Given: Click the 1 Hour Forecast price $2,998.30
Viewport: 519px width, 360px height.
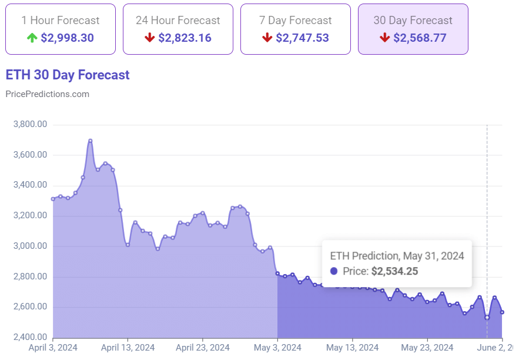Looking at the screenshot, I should [x=67, y=38].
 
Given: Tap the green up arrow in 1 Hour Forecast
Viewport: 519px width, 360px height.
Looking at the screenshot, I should [x=32, y=38].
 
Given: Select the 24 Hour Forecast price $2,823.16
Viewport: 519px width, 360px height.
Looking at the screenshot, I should [x=185, y=38].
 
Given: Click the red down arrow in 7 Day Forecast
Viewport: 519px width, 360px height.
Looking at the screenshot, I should [x=267, y=38].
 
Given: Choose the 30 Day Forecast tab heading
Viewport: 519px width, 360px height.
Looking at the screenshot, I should [x=413, y=20].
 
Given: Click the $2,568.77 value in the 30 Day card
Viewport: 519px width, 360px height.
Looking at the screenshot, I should [x=420, y=38].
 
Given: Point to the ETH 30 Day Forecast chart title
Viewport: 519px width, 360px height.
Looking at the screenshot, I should [x=68, y=75].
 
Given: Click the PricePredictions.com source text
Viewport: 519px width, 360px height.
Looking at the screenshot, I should [x=47, y=94].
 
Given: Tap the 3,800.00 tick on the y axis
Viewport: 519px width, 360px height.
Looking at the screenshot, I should [x=29, y=125].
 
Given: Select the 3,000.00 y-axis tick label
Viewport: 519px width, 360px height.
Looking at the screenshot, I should [x=29, y=246].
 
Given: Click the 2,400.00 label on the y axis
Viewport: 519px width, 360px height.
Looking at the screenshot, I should [x=29, y=338].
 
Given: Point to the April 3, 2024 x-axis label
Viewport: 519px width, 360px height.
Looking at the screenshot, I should [x=53, y=347].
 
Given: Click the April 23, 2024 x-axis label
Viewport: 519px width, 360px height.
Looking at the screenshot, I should [x=203, y=347].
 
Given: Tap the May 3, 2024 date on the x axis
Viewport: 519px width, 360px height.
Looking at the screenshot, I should [x=277, y=347].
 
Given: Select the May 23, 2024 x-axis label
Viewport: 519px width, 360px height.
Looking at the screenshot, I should [x=427, y=347].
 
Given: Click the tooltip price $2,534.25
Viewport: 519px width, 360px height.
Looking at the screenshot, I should [x=396, y=271].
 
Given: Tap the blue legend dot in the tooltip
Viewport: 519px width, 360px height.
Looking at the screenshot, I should [x=334, y=271].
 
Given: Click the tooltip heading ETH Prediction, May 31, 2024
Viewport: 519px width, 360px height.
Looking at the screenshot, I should [x=397, y=256].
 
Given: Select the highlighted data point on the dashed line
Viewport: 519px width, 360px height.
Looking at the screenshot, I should [x=487, y=318].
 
